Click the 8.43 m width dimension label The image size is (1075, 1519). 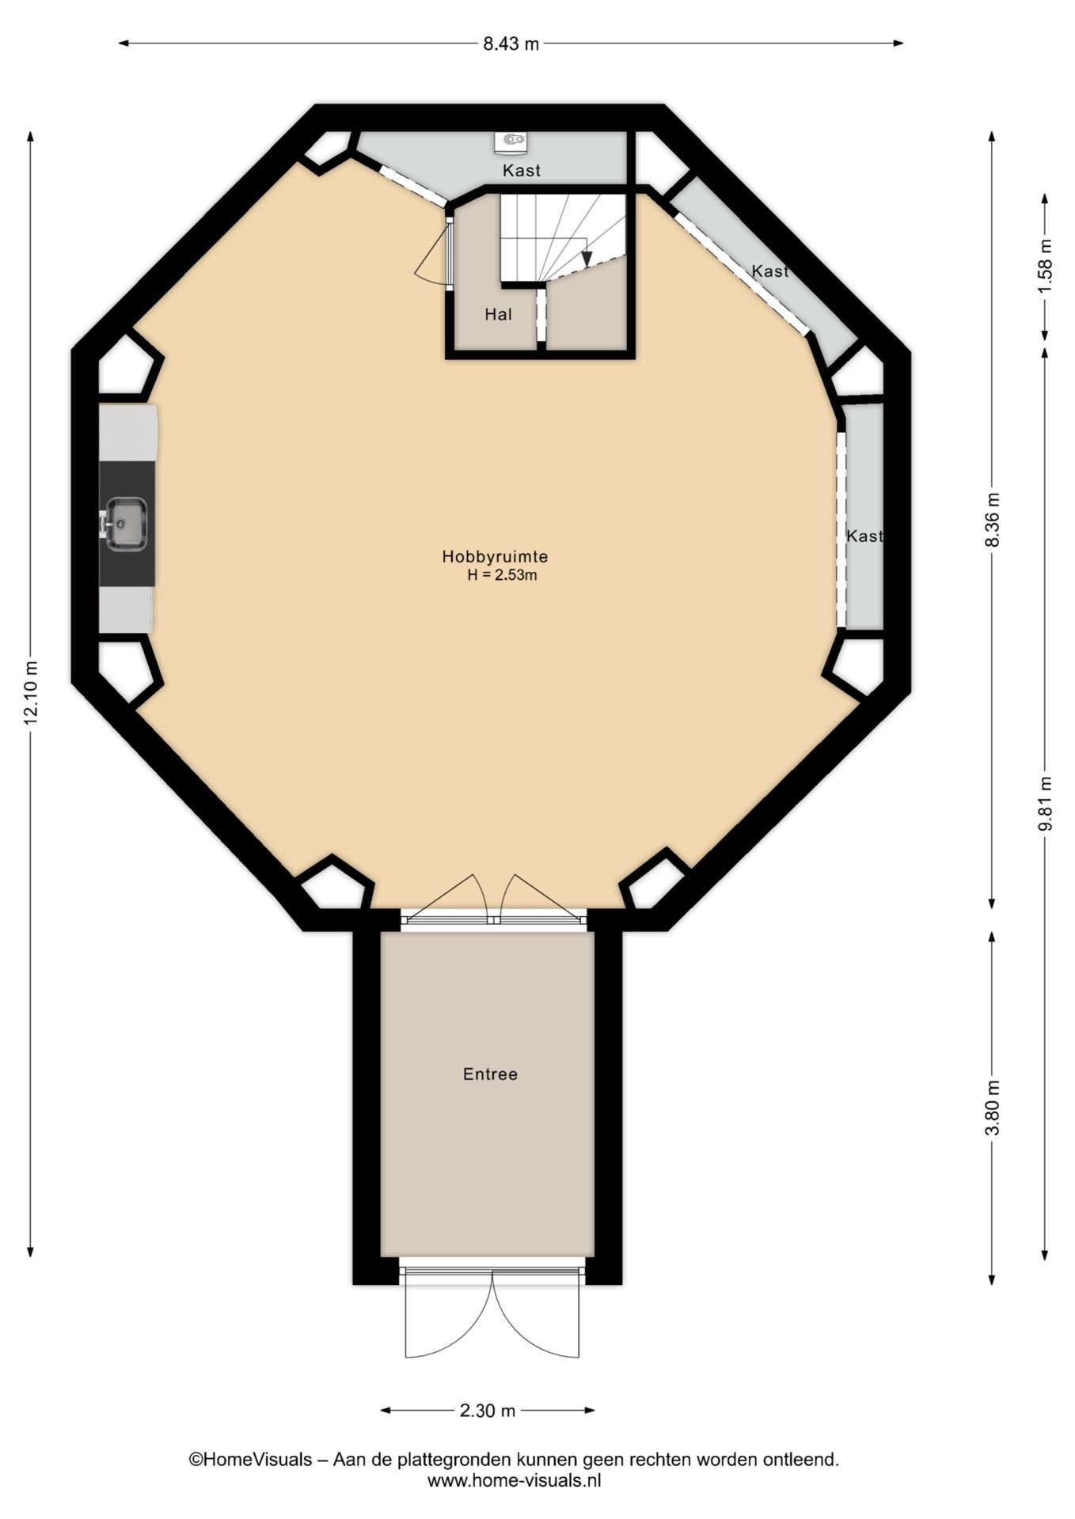(x=511, y=44)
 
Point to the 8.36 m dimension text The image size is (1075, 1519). (x=993, y=519)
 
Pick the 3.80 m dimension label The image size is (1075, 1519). (x=993, y=1108)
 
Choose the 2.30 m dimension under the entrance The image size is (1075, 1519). (x=488, y=1410)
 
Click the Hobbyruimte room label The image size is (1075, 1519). (x=495, y=557)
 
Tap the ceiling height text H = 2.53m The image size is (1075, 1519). (x=502, y=576)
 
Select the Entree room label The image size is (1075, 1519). (x=490, y=1074)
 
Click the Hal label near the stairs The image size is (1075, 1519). (x=499, y=314)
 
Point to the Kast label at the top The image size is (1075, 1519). (x=522, y=170)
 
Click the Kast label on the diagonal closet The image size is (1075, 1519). (x=770, y=271)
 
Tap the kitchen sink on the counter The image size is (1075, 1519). (x=125, y=524)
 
